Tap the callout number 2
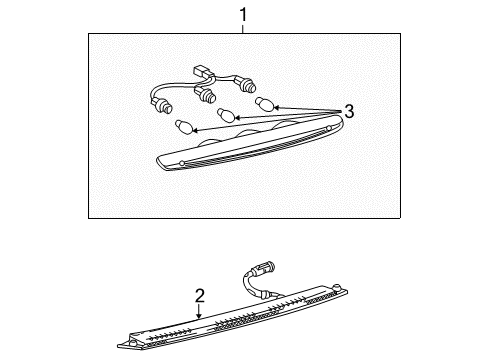pos(199,296)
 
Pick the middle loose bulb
pos(226,114)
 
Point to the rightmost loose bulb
pos(265,103)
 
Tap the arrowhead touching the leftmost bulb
pos(195,129)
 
